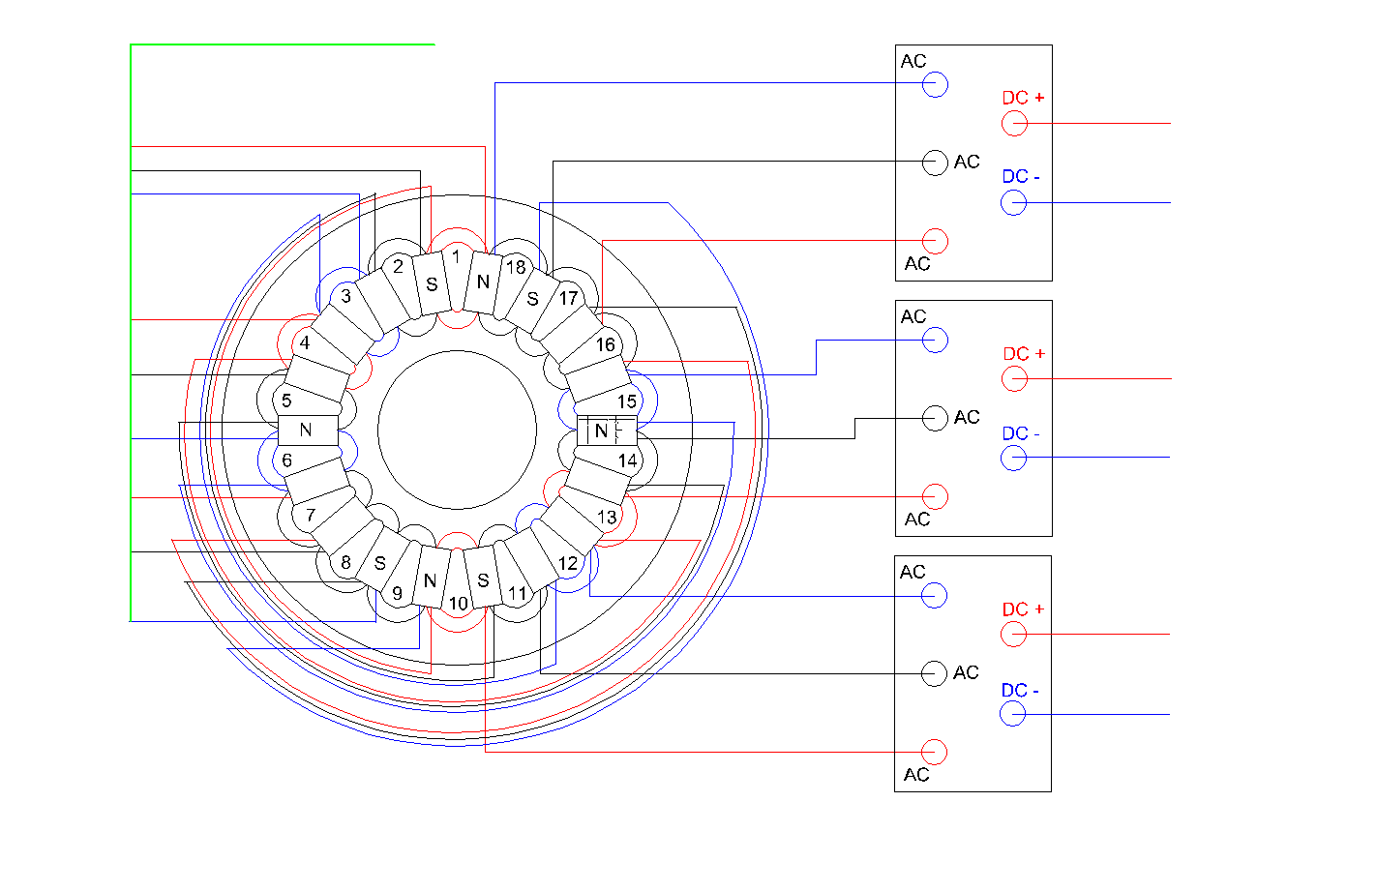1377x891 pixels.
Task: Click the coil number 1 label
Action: click(x=456, y=256)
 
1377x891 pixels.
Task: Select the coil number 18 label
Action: click(x=516, y=267)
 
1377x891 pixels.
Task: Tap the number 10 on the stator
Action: click(x=459, y=604)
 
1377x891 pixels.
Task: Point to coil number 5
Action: click(x=286, y=401)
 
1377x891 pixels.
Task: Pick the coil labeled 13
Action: click(x=607, y=518)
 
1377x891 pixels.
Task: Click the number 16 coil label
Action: click(x=606, y=344)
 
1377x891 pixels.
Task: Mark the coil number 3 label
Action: click(x=346, y=296)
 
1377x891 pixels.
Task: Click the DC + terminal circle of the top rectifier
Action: click(x=1014, y=124)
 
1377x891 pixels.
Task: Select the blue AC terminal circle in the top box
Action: click(x=935, y=84)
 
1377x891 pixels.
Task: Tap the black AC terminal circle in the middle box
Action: click(x=935, y=419)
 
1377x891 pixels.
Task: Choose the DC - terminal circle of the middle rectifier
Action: click(x=1014, y=458)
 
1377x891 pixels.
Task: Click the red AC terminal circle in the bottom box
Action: click(x=934, y=752)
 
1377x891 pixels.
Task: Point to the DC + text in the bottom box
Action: click(x=1024, y=609)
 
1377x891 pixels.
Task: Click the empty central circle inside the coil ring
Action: click(x=458, y=431)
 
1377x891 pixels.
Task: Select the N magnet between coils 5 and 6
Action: click(x=308, y=431)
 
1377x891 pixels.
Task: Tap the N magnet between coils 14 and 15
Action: click(x=607, y=431)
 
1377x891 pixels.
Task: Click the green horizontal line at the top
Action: click(x=283, y=45)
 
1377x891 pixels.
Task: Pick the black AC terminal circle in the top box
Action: click(x=935, y=163)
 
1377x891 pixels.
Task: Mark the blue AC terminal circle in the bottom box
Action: click(x=934, y=595)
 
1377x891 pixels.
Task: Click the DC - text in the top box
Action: click(x=1021, y=177)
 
